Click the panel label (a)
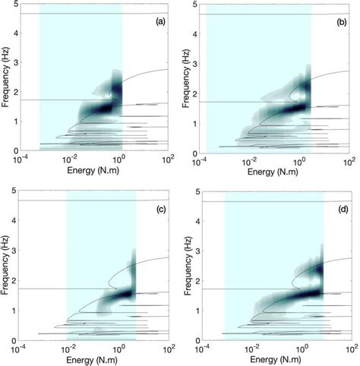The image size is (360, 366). point(159,21)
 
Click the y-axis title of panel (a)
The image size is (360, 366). point(6,76)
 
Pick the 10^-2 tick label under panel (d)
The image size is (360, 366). point(250,348)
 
